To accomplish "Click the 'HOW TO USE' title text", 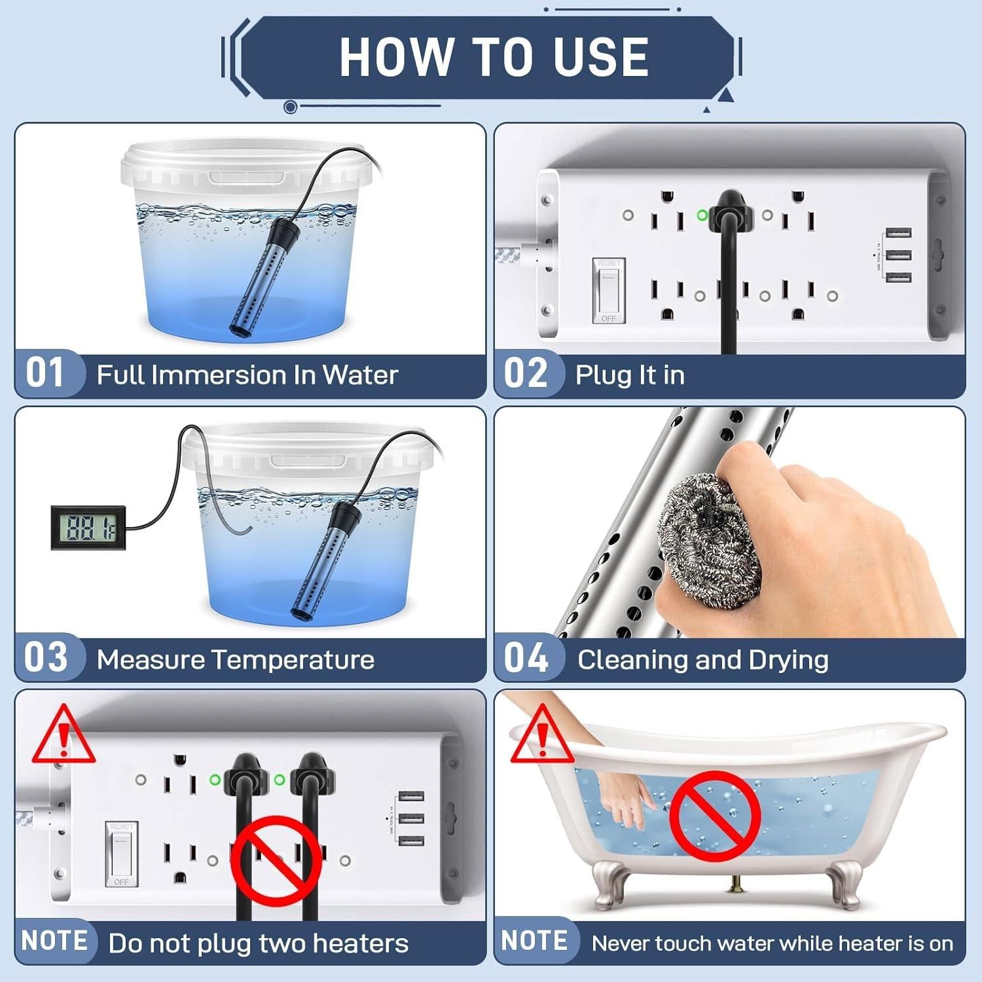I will coord(494,57).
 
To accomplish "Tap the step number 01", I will coord(45,373).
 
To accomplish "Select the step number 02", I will coord(525,373).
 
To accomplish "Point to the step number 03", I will coord(46,657).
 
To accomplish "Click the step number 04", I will coord(526,657).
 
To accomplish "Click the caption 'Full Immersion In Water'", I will coord(247,375).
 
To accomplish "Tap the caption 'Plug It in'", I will coord(630,375).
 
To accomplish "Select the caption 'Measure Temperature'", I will coord(236,659).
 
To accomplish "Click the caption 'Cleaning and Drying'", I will coord(702,659).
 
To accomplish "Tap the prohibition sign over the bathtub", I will coord(716,816).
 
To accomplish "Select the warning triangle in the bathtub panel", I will coord(542,735).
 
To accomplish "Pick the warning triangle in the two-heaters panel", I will coord(64,735).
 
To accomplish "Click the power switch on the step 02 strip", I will coord(608,290).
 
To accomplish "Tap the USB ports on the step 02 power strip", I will coord(898,255).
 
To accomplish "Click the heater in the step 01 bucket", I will coord(263,276).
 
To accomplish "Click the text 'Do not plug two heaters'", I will coord(258,943).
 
